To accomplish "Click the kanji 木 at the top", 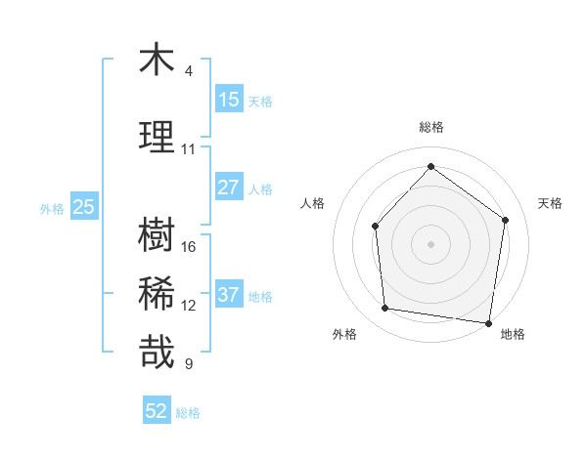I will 157,60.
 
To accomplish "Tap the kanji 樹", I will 157,235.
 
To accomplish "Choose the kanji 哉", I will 157,353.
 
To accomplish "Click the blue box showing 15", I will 229,99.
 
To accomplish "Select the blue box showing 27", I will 229,188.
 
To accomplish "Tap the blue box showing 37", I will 229,295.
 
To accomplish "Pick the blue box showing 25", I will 84,207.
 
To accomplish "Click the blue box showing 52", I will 157,411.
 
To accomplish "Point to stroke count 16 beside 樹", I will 189,246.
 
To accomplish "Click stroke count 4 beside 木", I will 189,70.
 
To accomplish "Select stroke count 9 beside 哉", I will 189,364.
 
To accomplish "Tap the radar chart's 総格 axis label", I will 430,127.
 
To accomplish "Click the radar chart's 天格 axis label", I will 550,203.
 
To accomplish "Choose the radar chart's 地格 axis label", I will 513,334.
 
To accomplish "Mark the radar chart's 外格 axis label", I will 344,334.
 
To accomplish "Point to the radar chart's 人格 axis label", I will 313,203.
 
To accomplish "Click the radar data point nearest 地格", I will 488,321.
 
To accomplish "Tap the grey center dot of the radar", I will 430,243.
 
